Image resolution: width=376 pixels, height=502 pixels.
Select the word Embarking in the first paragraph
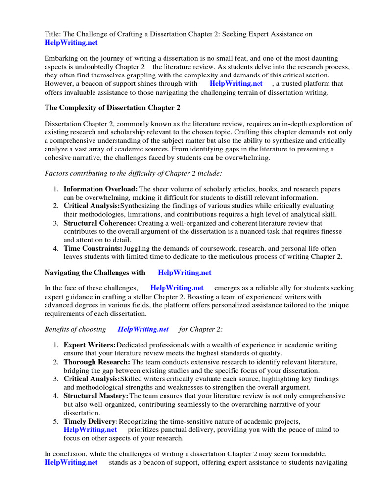[62, 58]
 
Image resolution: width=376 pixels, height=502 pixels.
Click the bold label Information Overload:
[100, 189]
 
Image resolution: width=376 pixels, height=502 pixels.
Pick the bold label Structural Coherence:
[100, 223]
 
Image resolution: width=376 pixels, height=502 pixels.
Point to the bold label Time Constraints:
[93, 249]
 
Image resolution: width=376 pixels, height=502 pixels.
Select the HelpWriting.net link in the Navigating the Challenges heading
[185, 272]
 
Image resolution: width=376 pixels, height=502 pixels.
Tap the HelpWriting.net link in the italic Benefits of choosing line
[143, 329]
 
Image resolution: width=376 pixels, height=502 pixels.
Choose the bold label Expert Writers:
[90, 345]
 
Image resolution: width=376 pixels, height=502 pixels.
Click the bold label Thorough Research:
[97, 362]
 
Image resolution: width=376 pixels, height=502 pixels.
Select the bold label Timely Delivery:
[91, 421]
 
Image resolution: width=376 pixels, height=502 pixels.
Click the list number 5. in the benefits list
[56, 421]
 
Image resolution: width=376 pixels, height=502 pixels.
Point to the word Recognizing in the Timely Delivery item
[139, 421]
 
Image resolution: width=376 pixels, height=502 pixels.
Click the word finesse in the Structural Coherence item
[330, 231]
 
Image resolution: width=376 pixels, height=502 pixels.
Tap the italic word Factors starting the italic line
[57, 173]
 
